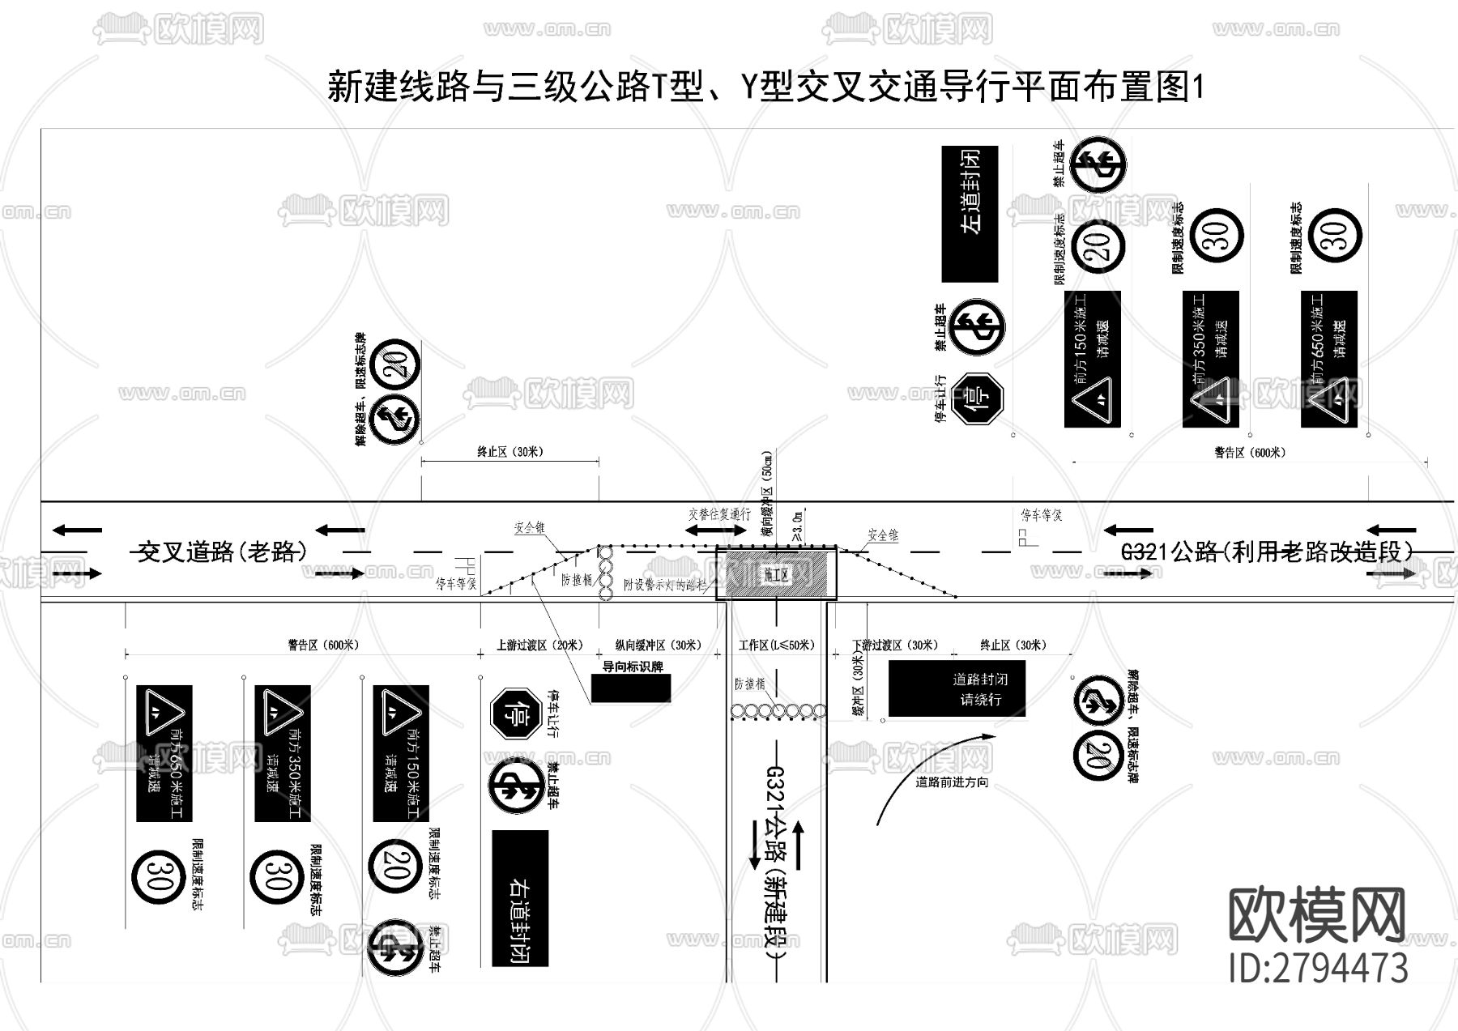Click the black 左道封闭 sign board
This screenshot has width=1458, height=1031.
(970, 214)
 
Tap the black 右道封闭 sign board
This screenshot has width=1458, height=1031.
(520, 898)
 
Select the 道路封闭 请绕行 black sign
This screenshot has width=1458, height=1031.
(957, 689)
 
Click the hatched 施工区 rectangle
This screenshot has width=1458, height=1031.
(776, 574)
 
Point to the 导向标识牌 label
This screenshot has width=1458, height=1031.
(633, 667)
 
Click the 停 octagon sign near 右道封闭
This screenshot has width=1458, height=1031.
(515, 714)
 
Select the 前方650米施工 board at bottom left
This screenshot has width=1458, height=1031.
(164, 753)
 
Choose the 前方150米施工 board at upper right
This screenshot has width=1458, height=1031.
(1092, 359)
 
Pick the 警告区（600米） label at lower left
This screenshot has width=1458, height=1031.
(322, 645)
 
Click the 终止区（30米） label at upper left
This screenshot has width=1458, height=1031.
(509, 452)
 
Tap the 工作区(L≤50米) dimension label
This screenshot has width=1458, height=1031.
(776, 645)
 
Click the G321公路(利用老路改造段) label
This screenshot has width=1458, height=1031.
(1268, 552)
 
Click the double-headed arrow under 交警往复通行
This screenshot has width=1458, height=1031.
(717, 530)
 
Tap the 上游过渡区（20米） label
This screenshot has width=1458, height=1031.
(539, 645)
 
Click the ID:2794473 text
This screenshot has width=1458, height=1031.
(1318, 969)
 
